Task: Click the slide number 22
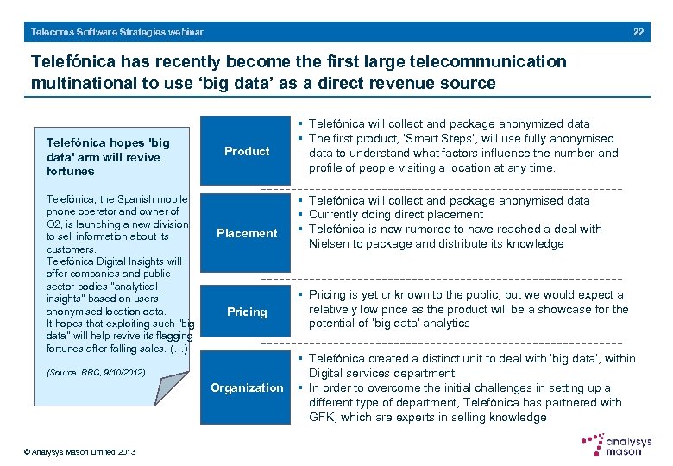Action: tap(638, 32)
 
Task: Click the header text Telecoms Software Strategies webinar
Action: tap(117, 32)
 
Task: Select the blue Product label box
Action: tap(247, 151)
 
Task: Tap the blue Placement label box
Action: tap(247, 233)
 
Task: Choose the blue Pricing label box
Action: tap(247, 312)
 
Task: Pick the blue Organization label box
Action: tap(247, 387)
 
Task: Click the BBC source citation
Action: tap(96, 373)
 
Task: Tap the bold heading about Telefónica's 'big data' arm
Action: tap(108, 157)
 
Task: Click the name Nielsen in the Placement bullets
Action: tap(329, 243)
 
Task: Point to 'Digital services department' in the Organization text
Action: tap(381, 374)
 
